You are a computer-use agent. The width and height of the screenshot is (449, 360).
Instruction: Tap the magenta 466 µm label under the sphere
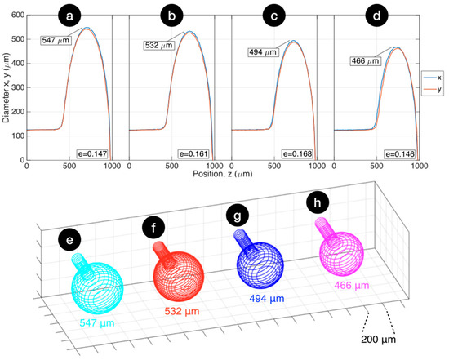352,286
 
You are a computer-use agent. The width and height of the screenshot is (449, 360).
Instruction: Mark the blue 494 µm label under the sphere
265,299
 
